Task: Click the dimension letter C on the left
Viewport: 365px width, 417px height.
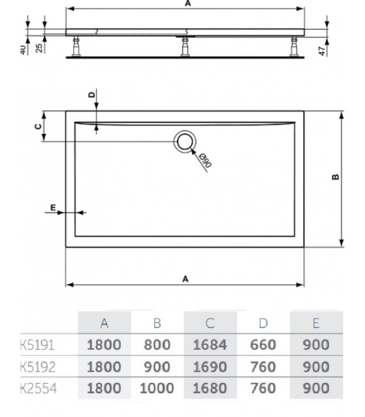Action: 38,126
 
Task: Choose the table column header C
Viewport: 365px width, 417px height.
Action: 209,323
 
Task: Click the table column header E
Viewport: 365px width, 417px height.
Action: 316,323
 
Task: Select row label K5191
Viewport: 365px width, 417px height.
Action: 36,345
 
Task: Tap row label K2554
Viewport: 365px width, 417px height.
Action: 36,388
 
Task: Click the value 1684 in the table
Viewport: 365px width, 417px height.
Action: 209,345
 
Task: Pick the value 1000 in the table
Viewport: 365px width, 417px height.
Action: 156,388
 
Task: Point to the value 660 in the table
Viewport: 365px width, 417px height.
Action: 263,345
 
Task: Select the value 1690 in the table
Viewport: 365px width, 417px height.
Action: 209,367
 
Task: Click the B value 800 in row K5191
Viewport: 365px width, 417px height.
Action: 156,345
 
